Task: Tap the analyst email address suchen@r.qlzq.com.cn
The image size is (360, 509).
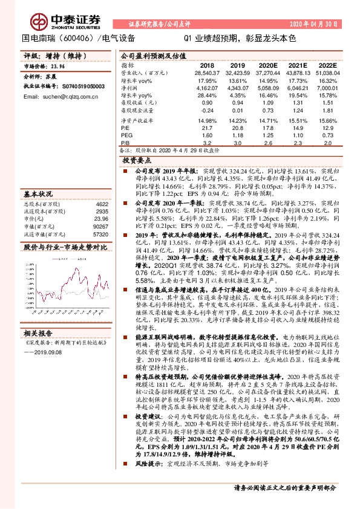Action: point(60,96)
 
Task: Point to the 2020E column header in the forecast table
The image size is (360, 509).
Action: point(268,65)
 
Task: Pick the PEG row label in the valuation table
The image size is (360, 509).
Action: point(126,136)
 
